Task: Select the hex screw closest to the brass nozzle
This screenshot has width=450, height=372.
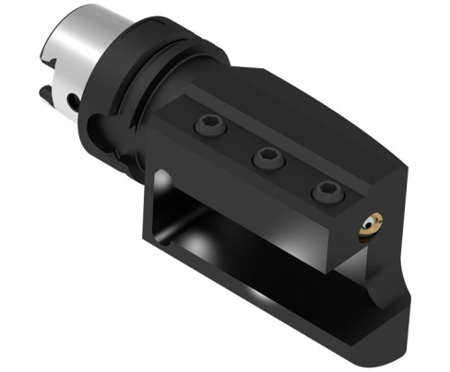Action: [x=325, y=191]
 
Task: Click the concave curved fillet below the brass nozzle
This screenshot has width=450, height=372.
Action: [x=392, y=276]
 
